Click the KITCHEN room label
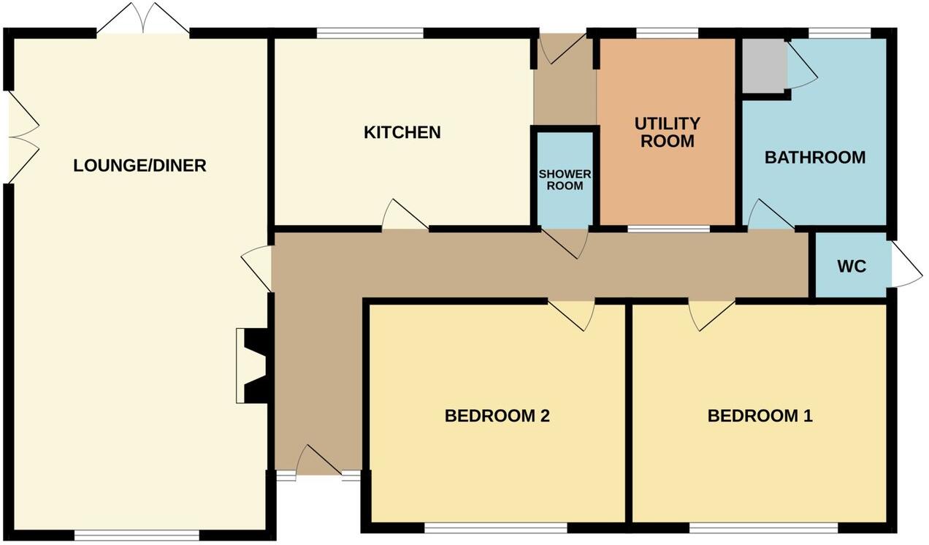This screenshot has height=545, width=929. pos(402,132)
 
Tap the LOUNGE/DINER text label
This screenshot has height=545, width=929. pos(139,166)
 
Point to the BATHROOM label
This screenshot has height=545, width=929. pos(814,157)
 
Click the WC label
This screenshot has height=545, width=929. pos(852,267)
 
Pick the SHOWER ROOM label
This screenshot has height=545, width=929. pos(565,180)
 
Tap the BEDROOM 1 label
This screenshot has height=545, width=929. pos(760,416)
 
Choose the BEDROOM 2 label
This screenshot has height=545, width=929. pos(497,416)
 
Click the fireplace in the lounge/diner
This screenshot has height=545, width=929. pos(253,365)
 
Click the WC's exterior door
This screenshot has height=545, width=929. pos(906,267)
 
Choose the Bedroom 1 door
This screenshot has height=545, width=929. pos(710,313)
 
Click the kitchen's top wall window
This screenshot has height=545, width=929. pos(370,32)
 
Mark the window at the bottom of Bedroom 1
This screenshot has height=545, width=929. pos(763,527)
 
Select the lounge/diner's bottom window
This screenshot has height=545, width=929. pos(137,535)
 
